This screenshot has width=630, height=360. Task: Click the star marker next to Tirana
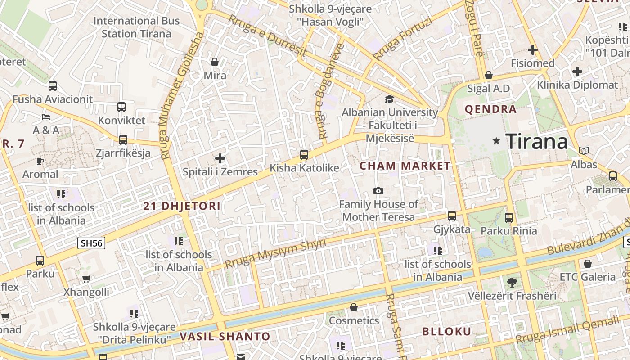496,141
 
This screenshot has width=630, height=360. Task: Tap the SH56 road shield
91,243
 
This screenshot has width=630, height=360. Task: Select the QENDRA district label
490,109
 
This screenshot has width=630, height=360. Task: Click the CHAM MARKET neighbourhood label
405,166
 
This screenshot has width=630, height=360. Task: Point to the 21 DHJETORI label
182,207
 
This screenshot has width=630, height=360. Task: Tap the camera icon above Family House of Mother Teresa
378,191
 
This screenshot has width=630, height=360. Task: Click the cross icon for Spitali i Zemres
220,158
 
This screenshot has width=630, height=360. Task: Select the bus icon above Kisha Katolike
304,155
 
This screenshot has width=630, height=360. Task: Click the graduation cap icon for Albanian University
389,99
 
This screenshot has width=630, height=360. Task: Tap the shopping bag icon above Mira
215,62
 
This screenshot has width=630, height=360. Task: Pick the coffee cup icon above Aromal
40,161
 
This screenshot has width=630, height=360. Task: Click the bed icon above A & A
46,117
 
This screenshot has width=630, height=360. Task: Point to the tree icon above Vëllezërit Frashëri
512,283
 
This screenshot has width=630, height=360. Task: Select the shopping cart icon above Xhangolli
86,279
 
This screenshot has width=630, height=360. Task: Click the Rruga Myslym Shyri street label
275,253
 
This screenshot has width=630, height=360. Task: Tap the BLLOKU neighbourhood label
446,332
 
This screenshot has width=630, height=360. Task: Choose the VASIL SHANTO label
225,337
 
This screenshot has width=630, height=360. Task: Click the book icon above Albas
584,151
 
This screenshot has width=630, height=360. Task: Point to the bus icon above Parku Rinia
509,218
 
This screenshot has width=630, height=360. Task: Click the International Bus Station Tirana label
136,27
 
